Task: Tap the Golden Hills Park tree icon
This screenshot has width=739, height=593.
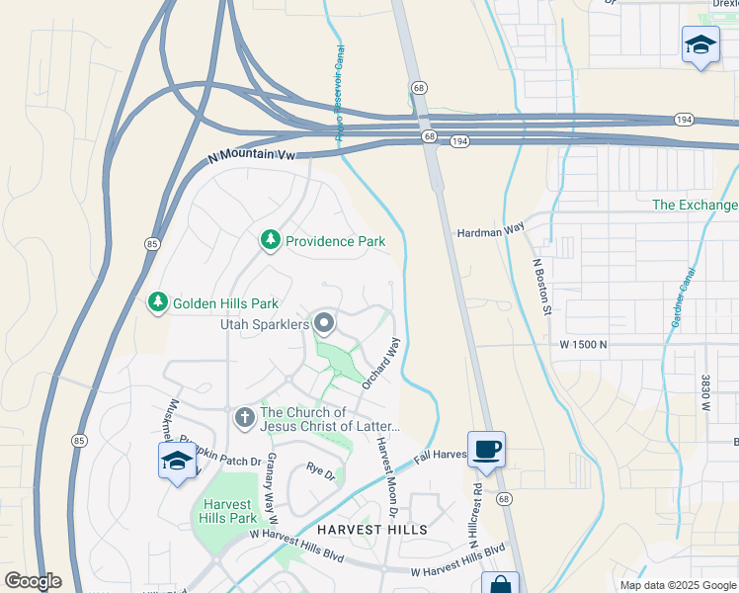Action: tap(157, 303)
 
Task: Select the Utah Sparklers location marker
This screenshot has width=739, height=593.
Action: tap(324, 323)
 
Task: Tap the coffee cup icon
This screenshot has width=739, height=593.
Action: tap(485, 450)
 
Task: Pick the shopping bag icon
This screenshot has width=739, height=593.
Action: tap(500, 584)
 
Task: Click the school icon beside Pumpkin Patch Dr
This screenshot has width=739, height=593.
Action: tap(178, 461)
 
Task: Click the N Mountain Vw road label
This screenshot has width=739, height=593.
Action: tap(252, 155)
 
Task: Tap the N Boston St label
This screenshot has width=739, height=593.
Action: tap(540, 287)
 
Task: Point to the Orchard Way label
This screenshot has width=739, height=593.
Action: tap(380, 363)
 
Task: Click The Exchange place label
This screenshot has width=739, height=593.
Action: tap(695, 205)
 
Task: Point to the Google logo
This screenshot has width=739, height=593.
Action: tap(33, 581)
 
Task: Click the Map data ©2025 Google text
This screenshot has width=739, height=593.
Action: tap(677, 585)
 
